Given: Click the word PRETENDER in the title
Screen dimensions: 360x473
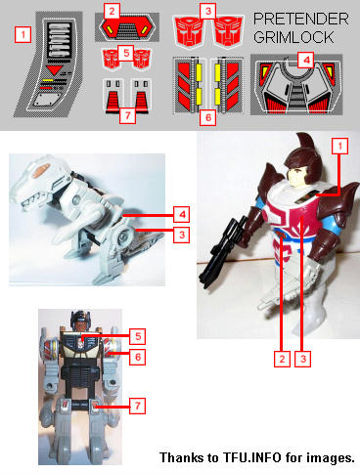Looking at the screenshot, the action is pyautogui.click(x=301, y=20).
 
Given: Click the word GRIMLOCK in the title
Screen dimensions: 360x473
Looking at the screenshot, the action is pyautogui.click(x=293, y=37).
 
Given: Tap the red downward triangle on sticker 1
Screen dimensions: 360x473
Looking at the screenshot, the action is pyautogui.click(x=54, y=70).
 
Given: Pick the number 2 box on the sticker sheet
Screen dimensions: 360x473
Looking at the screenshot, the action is pyautogui.click(x=112, y=12).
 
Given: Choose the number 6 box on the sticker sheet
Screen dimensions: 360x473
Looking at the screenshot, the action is pyautogui.click(x=208, y=117).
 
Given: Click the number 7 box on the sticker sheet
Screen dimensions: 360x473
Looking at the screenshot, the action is pyautogui.click(x=127, y=115).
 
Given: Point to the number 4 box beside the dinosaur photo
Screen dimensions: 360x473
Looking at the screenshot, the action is pyautogui.click(x=182, y=214).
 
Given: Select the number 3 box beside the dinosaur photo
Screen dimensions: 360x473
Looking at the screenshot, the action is pyautogui.click(x=182, y=235).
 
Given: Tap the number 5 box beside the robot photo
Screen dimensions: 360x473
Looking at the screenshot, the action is pyautogui.click(x=138, y=336).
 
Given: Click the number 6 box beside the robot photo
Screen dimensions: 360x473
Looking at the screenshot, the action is pyautogui.click(x=138, y=357).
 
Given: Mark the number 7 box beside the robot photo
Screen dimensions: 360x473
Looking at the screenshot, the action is pyautogui.click(x=138, y=406).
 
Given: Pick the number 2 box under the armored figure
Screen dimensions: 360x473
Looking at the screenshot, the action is pyautogui.click(x=282, y=359).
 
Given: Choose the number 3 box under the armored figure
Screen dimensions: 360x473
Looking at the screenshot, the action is pyautogui.click(x=303, y=359).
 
